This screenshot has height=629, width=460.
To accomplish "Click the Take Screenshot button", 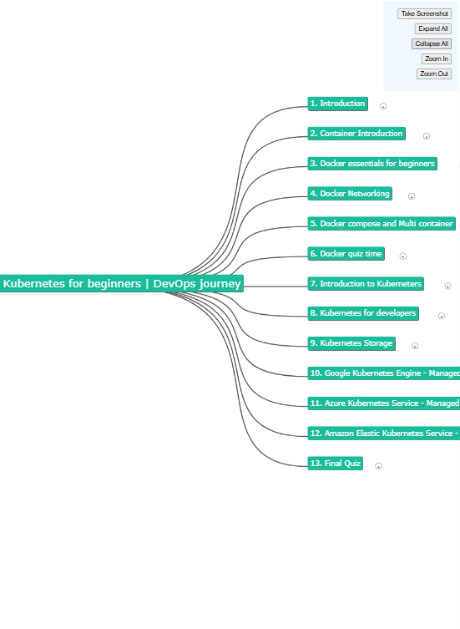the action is [424, 13].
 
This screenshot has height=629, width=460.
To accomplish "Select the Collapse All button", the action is [431, 43].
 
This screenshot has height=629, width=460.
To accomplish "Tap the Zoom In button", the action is [437, 59].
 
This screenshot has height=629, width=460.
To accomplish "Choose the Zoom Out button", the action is [434, 74].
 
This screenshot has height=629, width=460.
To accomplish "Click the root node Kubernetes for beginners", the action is [122, 284].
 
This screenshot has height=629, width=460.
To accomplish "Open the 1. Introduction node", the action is [337, 104].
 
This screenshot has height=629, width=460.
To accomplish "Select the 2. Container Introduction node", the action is [356, 134].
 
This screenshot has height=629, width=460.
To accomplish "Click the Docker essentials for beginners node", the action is [372, 164].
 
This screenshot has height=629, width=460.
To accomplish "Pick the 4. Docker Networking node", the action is [350, 194].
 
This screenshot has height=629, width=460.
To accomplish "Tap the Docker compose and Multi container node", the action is [382, 223].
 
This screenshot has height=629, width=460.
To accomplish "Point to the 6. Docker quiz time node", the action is [346, 254].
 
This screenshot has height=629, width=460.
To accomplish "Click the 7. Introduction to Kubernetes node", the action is [366, 284].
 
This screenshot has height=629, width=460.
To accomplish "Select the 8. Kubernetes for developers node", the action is [363, 313].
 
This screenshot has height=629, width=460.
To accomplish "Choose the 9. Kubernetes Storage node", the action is [351, 343].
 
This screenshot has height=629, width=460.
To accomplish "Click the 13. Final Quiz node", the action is [336, 464].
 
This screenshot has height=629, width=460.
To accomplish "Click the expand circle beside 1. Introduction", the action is [383, 106].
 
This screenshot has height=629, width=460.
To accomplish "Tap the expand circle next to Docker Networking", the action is [412, 196].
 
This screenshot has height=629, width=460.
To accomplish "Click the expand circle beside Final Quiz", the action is [378, 466].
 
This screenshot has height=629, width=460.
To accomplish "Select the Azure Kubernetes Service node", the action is [384, 403].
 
